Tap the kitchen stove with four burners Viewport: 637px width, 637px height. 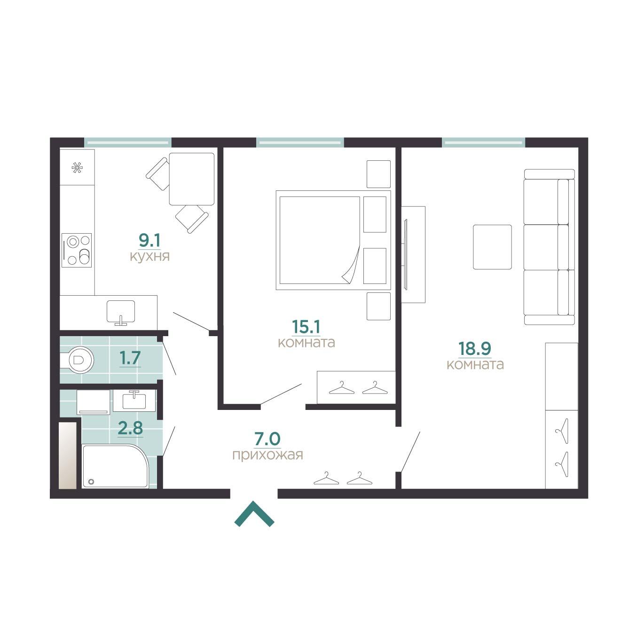click(x=76, y=250)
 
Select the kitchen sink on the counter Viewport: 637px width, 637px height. click(x=121, y=312)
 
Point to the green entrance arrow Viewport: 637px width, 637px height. click(x=254, y=514)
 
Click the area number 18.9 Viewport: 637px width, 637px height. click(x=475, y=348)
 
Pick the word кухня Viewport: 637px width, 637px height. click(x=150, y=256)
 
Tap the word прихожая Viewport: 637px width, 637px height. click(x=268, y=456)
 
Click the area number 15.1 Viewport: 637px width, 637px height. click(x=306, y=327)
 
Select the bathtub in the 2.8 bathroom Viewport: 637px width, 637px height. click(x=115, y=466)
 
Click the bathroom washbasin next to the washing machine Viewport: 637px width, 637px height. click(x=134, y=401)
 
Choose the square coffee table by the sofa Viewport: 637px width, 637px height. click(x=492, y=247)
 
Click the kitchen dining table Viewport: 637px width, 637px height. click(x=192, y=179)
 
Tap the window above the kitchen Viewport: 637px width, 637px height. click(x=128, y=142)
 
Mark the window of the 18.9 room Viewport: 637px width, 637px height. click(x=484, y=142)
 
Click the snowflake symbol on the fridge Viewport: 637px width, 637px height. click(x=77, y=168)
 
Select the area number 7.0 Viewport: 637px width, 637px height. click(x=267, y=439)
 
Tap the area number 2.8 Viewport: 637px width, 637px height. click(x=131, y=428)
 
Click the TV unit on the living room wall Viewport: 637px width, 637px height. click(x=413, y=254)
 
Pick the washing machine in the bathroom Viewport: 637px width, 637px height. click(x=93, y=402)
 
